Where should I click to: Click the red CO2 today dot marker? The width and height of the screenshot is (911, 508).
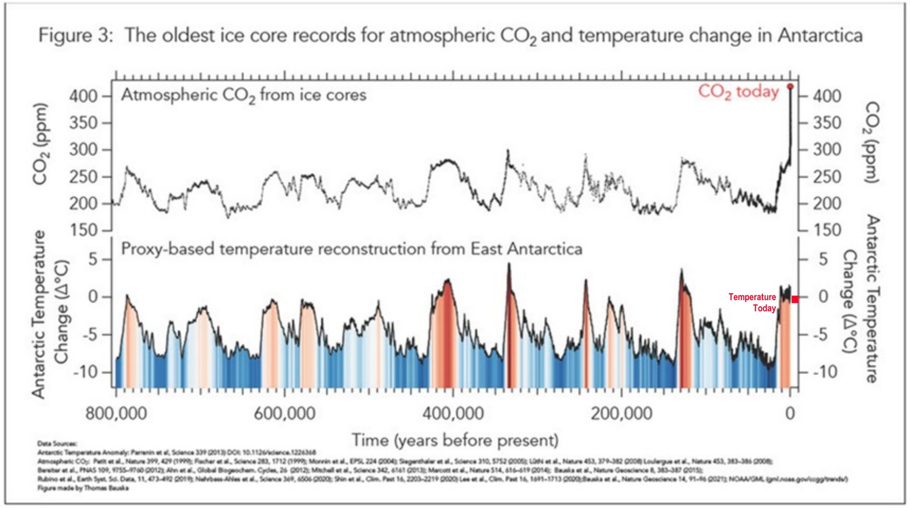click(x=790, y=87)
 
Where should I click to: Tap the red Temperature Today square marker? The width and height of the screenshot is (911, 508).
click(x=795, y=299)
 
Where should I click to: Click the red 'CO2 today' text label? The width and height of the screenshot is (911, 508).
click(x=738, y=92)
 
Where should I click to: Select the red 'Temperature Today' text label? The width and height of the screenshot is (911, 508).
click(x=752, y=302)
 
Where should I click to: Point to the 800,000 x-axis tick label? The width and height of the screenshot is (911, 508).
click(x=116, y=414)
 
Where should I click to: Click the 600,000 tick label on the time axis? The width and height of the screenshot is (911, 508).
click(x=284, y=414)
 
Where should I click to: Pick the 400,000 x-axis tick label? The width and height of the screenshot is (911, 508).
click(x=453, y=414)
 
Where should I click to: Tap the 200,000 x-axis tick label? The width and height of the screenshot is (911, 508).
click(x=621, y=414)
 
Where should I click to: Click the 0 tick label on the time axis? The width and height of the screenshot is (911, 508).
click(x=790, y=414)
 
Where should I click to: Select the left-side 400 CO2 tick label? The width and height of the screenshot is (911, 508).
click(x=83, y=96)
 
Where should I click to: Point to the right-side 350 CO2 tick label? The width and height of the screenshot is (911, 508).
click(x=827, y=123)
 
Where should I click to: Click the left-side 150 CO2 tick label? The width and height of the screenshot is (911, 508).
click(x=83, y=231)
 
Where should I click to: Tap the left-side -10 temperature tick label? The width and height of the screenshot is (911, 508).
click(x=85, y=373)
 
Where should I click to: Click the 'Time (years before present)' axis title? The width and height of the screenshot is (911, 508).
click(x=455, y=440)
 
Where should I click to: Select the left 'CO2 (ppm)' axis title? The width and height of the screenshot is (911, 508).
click(x=40, y=144)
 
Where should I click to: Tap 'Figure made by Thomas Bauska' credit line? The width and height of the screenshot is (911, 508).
click(x=83, y=488)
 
